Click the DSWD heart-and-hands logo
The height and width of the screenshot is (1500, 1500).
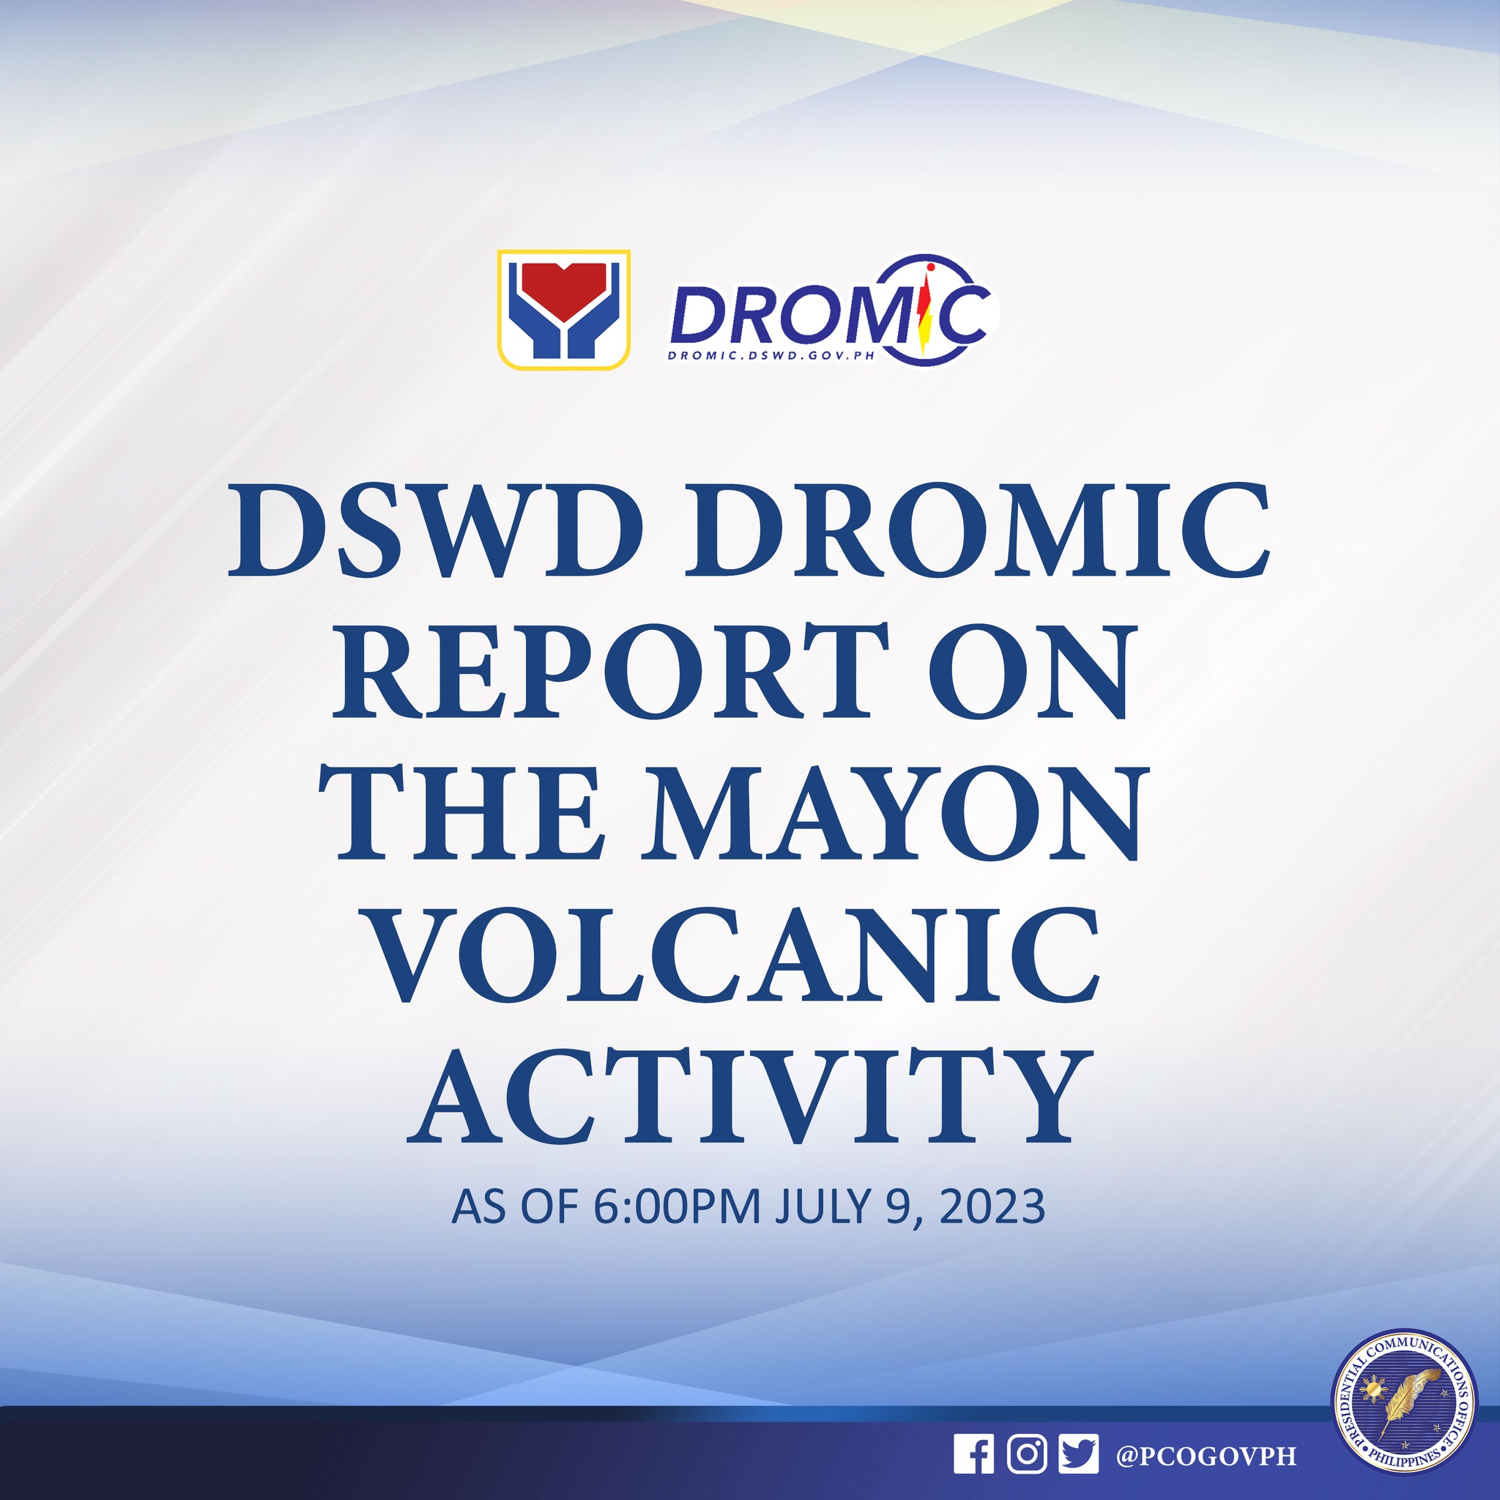[563, 309]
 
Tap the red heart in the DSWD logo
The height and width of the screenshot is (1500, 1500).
[563, 289]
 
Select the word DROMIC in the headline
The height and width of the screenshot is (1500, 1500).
[977, 531]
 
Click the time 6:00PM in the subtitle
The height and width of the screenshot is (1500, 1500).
[676, 1206]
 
